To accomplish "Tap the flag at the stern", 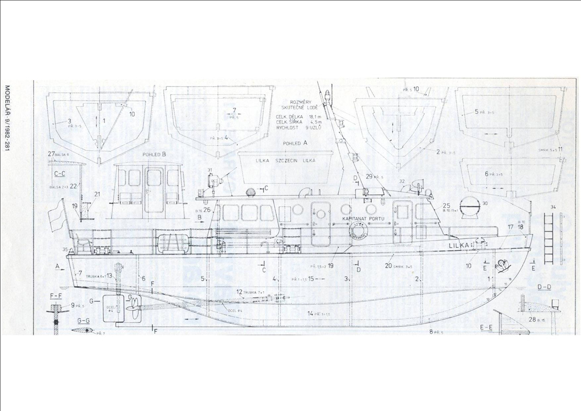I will (x=55, y=217).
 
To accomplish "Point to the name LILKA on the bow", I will (x=460, y=245).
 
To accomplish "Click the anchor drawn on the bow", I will (x=502, y=265).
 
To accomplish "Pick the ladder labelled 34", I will (x=549, y=238).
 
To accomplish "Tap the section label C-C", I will (x=60, y=174).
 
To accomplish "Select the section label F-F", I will (x=56, y=296).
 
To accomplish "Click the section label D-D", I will (x=544, y=287).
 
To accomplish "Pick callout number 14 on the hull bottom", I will (x=310, y=313).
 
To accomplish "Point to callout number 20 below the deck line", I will (x=389, y=265).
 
